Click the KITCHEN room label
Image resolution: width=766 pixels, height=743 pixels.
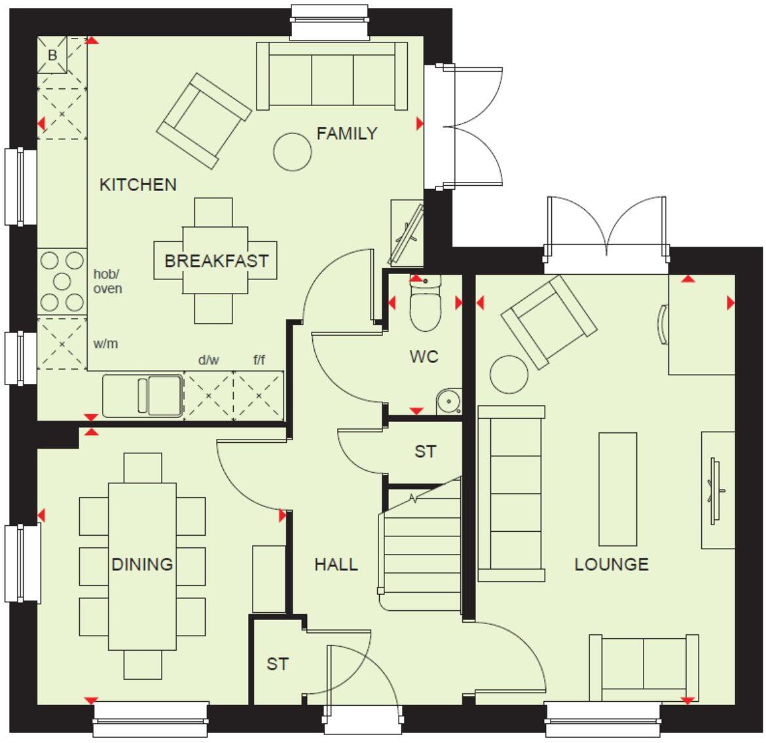tap(137, 185)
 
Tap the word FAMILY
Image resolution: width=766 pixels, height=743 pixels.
tap(347, 133)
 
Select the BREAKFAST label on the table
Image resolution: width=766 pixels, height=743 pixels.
tap(216, 261)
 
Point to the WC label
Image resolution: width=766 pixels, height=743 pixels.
tap(424, 357)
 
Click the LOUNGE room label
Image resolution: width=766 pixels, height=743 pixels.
tap(611, 564)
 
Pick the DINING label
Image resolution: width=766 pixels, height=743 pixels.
tap(142, 564)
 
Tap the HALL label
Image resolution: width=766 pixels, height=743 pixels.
tap(336, 564)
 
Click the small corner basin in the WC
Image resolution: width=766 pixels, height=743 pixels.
tap(449, 400)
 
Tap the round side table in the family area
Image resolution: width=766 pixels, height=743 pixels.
tap(292, 151)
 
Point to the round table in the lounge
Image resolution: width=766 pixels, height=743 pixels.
tap(509, 374)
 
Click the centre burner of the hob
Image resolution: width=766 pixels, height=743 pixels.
tap(62, 282)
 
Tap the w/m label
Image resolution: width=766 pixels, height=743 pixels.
tap(105, 343)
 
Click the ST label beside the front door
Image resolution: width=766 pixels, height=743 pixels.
tap(277, 664)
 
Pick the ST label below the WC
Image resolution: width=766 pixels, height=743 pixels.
tap(425, 452)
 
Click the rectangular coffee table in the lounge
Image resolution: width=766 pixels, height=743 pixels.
tap(617, 489)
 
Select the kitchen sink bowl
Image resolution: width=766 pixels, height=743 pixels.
tap(164, 395)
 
